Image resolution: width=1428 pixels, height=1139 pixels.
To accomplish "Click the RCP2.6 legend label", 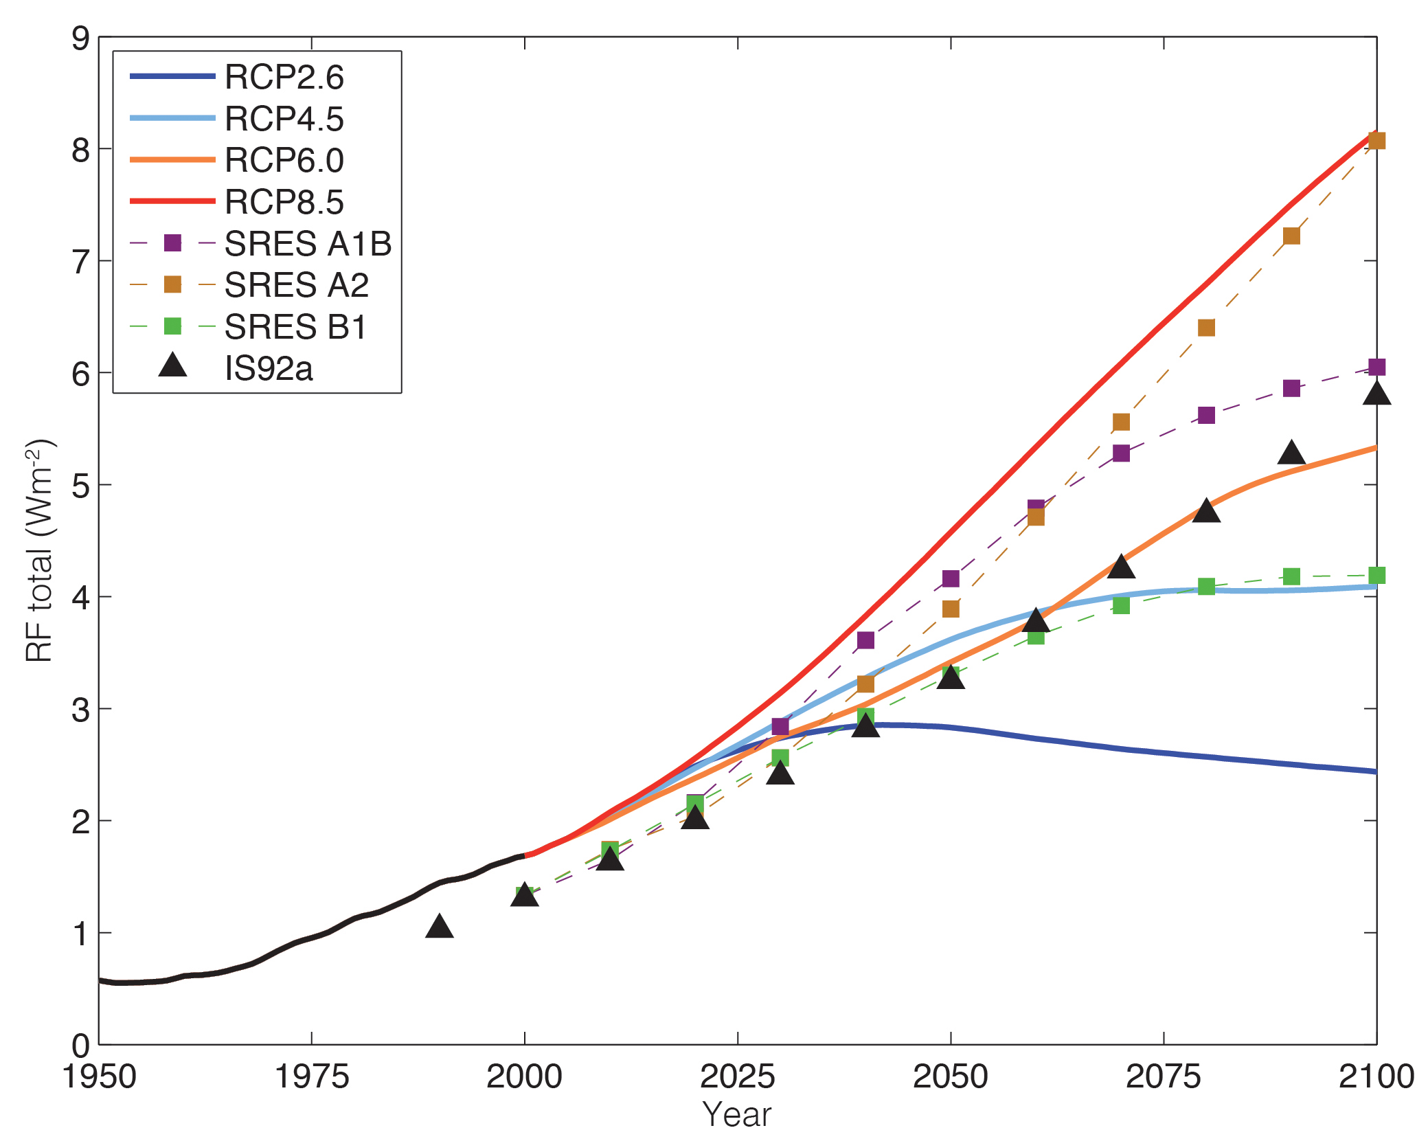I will pyautogui.click(x=284, y=77).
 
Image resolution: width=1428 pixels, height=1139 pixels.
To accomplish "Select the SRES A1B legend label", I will pyautogui.click(x=308, y=244).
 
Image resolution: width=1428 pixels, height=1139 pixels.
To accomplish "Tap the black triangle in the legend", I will pyautogui.click(x=172, y=365).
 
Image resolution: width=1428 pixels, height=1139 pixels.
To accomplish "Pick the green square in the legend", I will pyautogui.click(x=172, y=326).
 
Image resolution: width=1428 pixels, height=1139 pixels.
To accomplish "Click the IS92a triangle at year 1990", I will pyautogui.click(x=440, y=927).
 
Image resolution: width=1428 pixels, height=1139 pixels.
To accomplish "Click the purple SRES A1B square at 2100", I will pyautogui.click(x=1376, y=367).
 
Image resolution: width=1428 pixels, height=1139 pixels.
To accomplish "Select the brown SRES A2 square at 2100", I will pyautogui.click(x=1376, y=141).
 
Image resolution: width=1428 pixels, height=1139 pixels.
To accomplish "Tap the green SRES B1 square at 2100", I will pyautogui.click(x=1376, y=575).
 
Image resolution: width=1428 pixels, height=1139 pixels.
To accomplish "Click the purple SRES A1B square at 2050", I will pyautogui.click(x=951, y=578).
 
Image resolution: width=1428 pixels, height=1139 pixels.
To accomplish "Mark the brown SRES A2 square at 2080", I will pyautogui.click(x=1206, y=328).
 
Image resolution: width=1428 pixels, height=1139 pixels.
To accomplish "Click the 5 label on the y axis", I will pyautogui.click(x=80, y=486).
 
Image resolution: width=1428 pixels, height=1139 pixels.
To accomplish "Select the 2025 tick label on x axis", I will pyautogui.click(x=737, y=1076).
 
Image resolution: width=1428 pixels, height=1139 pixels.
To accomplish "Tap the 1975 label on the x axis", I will pyautogui.click(x=311, y=1076).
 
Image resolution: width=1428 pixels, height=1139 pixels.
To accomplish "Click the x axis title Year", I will pyautogui.click(x=736, y=1114).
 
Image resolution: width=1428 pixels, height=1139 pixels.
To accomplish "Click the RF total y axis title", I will pyautogui.click(x=39, y=550).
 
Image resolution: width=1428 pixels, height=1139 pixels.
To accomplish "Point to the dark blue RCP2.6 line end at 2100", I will pyautogui.click(x=1374, y=771).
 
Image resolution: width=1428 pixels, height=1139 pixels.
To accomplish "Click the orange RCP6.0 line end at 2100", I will pyautogui.click(x=1374, y=448).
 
